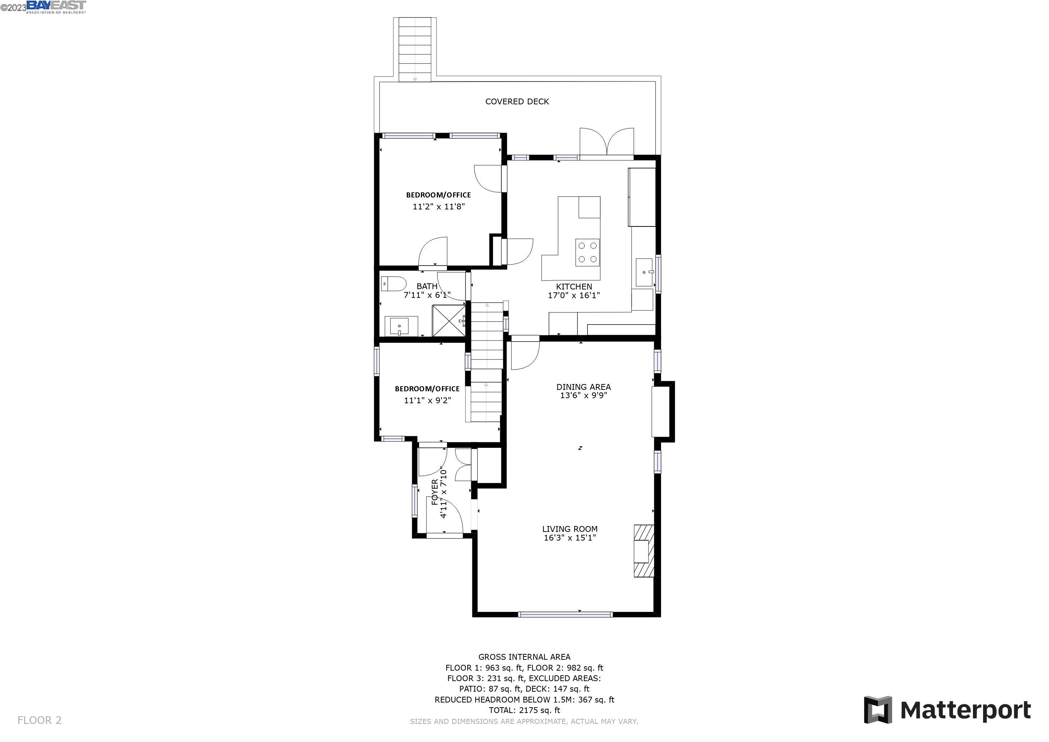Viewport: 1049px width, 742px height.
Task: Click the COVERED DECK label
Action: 517,101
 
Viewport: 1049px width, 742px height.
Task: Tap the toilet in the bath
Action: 393,284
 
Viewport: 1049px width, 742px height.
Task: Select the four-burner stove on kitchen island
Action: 587,252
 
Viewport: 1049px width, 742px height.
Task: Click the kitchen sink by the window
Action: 644,272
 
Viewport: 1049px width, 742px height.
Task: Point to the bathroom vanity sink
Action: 400,326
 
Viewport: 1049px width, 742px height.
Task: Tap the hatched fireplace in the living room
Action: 643,551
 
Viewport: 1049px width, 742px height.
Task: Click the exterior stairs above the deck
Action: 415,49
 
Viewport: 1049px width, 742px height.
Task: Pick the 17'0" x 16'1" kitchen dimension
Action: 573,295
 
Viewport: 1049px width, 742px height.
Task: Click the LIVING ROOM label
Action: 570,529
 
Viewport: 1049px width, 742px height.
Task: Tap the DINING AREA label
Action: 584,387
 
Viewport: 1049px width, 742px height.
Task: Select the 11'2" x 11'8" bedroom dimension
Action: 438,207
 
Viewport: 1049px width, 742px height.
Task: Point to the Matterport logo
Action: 948,709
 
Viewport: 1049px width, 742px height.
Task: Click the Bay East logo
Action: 56,7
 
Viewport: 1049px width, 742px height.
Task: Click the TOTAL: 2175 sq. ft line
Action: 524,710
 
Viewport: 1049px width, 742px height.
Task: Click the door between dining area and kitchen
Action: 525,354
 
